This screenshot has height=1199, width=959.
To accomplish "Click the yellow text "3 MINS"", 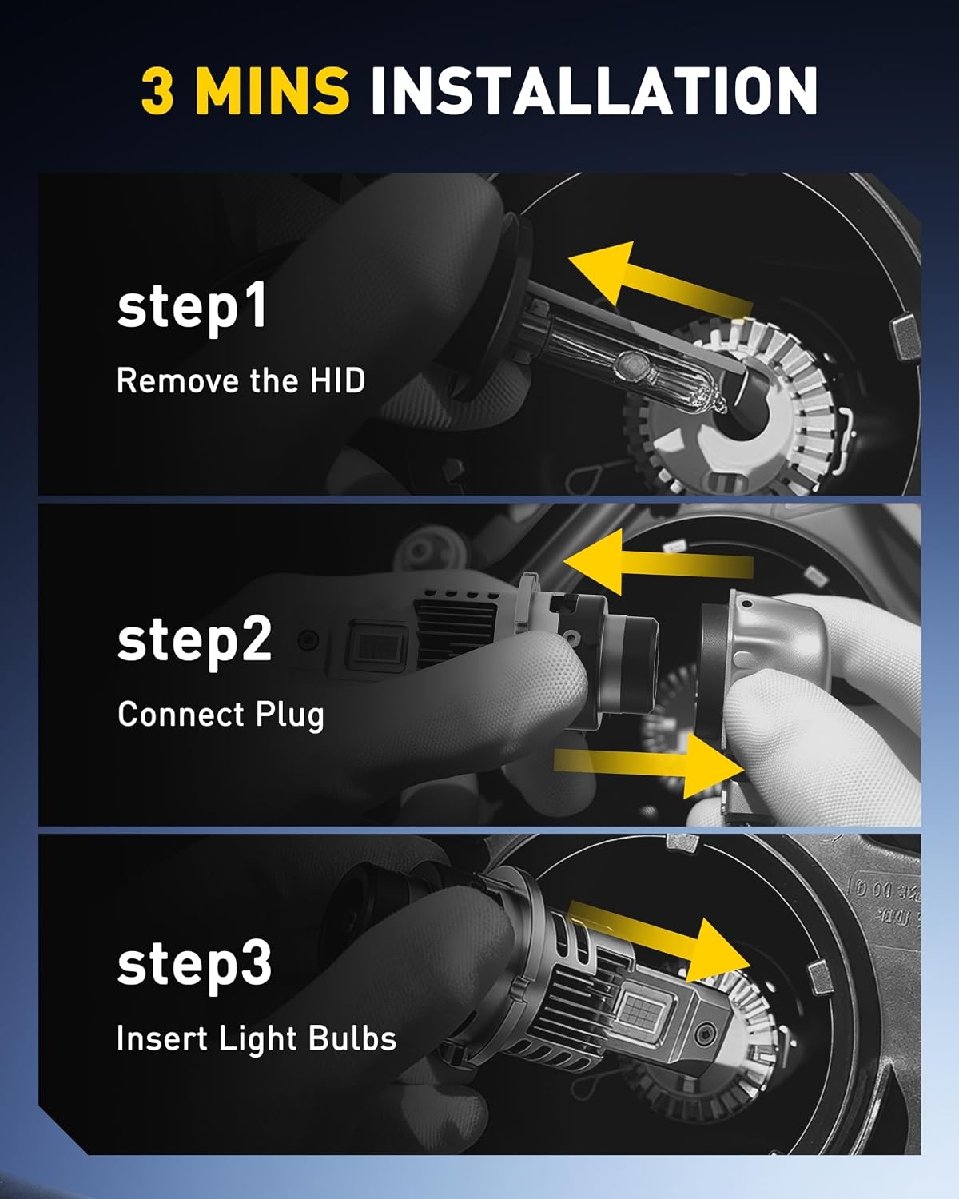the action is [x=245, y=90].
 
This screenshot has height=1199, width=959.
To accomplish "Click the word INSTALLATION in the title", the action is [x=594, y=90].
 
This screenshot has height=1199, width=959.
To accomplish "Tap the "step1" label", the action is [x=192, y=307].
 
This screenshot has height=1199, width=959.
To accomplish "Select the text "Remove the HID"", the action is [x=241, y=380].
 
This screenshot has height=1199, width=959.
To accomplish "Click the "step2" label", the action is [x=194, y=641].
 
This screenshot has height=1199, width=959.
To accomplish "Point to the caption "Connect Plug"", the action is [x=221, y=715].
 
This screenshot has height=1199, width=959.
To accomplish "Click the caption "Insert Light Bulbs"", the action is [x=257, y=1039].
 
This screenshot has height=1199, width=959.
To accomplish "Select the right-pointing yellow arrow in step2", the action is [x=649, y=766].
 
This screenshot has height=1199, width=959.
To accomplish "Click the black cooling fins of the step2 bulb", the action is [x=454, y=632].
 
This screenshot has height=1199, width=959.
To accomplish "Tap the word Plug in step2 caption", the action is [x=290, y=715].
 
